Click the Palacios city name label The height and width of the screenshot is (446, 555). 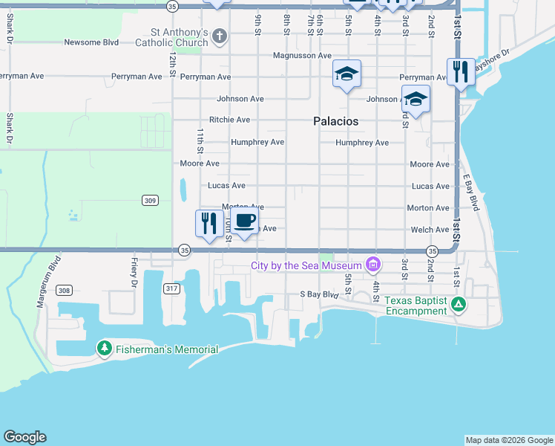[x=335, y=121]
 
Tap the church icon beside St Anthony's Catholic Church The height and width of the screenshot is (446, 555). [x=220, y=36]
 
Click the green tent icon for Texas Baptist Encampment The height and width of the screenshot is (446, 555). [x=459, y=303]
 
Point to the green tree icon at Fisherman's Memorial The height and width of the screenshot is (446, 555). [x=104, y=349]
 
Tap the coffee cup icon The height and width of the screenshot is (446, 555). [x=245, y=221]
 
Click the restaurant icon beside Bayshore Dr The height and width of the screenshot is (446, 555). [x=461, y=72]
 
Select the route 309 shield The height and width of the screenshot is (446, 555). [x=150, y=200]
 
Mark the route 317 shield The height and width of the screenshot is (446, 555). [x=171, y=288]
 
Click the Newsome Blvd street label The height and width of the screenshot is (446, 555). [x=91, y=42]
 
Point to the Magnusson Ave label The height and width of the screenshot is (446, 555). [x=301, y=56]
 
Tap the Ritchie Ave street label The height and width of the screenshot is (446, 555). [x=229, y=120]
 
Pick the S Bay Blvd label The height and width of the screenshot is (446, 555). [x=319, y=294]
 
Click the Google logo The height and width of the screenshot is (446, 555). [x=24, y=437]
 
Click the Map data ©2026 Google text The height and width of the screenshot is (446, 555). [x=508, y=440]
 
